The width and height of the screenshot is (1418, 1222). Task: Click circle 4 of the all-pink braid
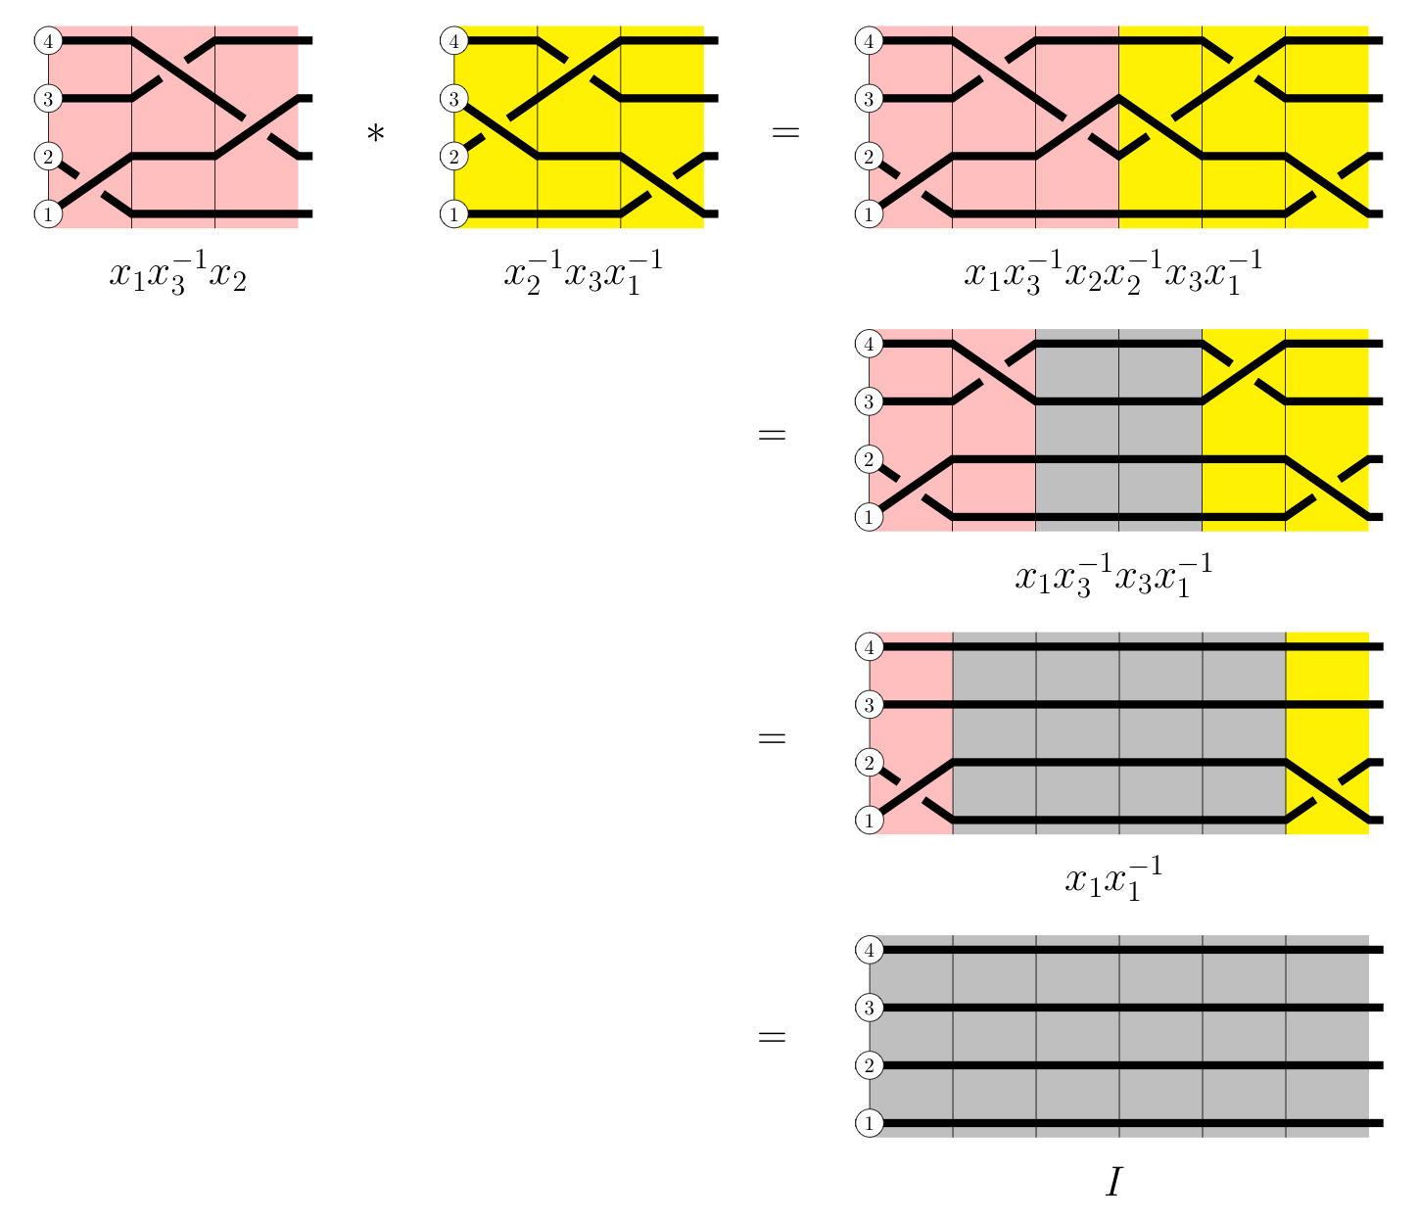pos(48,41)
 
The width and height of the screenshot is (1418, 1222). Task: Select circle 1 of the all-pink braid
pos(48,213)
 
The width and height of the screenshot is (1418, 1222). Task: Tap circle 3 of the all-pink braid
pos(48,98)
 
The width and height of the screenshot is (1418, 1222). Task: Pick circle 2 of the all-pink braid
pos(48,156)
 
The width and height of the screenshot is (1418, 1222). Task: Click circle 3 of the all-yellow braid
pos(453,98)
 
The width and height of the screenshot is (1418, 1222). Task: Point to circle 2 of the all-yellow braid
pos(453,156)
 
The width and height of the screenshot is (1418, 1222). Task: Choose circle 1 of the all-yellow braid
pos(453,213)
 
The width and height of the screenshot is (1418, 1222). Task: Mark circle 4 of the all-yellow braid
pos(453,41)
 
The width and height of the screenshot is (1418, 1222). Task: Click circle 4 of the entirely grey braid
pos(869,950)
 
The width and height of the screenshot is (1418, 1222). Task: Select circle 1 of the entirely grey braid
pos(869,1123)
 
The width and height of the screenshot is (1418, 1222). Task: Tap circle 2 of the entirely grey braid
pos(869,1065)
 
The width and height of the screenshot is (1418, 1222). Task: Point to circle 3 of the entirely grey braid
pos(869,1008)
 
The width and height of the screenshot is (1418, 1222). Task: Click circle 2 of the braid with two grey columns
pos(869,459)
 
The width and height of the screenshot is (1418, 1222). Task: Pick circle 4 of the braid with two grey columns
pos(869,344)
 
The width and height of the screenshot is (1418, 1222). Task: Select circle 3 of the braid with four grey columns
pos(869,705)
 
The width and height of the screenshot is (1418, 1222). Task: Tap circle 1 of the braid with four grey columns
pos(869,820)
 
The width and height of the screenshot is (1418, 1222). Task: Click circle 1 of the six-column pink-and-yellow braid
pos(869,213)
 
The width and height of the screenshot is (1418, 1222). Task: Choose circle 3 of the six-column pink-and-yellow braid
pos(869,98)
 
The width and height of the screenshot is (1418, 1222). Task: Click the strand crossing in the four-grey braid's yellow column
pos(1327,789)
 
